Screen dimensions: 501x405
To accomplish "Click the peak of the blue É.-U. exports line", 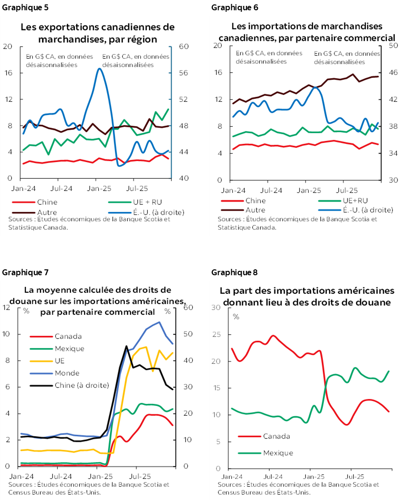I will point(99,69).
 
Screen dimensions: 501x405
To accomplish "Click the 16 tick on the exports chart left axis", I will point(7,72).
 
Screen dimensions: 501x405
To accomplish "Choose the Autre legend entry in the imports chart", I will point(254,210).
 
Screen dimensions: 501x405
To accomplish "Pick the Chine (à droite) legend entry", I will point(82,385).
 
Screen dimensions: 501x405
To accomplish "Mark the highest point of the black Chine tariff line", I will point(127,346).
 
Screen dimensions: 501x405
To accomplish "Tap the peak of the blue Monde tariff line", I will point(159,322).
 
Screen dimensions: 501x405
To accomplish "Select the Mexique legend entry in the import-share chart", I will point(278,453).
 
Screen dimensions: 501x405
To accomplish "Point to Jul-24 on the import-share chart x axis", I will point(271,476).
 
